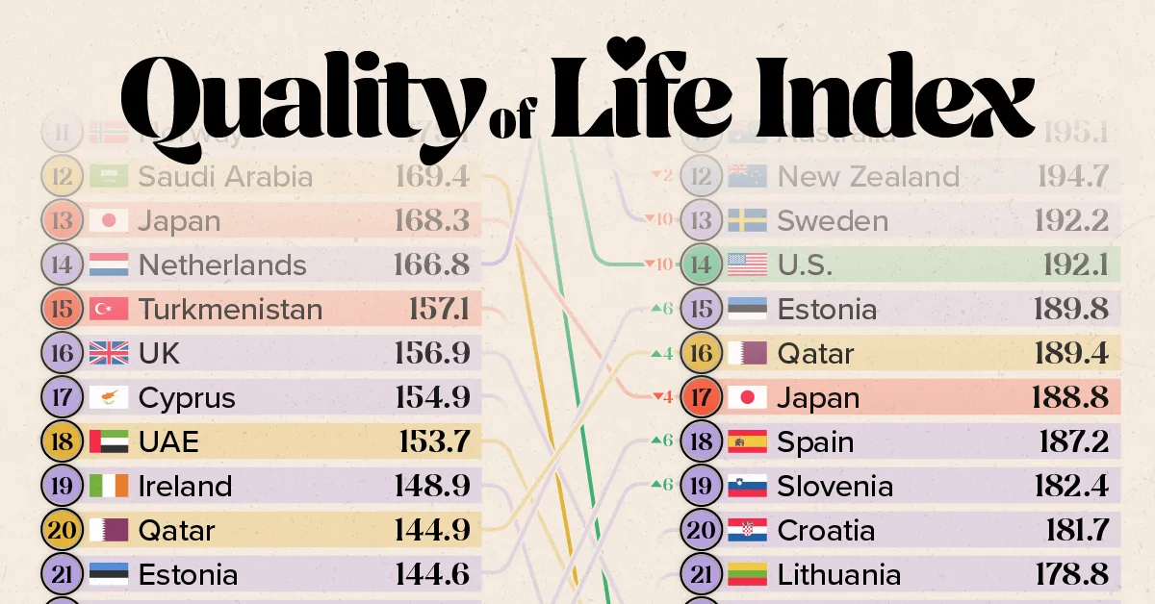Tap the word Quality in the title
point(298,98)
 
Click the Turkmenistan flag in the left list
point(108,310)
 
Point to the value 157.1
point(438,310)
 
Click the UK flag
point(108,354)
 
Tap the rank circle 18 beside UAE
point(63,442)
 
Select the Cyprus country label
point(187,398)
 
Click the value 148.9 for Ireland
point(432,487)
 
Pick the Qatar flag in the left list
point(108,531)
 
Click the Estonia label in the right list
point(827,310)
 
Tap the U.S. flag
point(747,265)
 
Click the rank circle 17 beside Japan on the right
point(702,398)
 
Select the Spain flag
point(747,442)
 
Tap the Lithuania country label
point(839,575)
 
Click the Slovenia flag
point(747,487)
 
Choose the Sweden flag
point(747,221)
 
